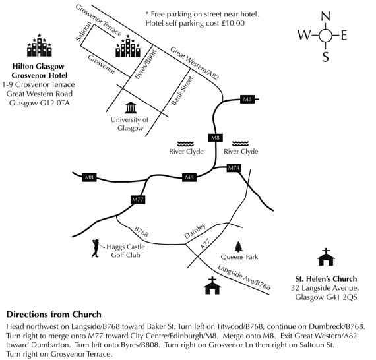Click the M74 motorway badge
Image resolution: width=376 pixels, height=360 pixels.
click(234, 168)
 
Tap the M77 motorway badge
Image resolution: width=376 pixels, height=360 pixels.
click(138, 200)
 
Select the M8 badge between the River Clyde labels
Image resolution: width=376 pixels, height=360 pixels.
click(215, 138)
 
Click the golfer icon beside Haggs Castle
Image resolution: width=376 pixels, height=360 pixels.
click(96, 248)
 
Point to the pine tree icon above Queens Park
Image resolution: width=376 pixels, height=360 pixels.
click(238, 247)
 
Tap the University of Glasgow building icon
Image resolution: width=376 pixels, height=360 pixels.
click(131, 108)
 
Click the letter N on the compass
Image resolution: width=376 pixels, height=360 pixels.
click(325, 16)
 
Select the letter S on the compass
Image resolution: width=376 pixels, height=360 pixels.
click(325, 57)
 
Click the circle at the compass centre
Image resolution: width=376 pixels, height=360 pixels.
click(326, 36)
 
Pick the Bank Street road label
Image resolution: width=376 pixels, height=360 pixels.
click(183, 91)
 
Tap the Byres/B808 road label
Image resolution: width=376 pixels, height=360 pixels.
click(146, 64)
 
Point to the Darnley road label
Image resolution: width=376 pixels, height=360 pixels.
click(195, 231)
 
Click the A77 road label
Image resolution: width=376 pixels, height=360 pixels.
click(206, 244)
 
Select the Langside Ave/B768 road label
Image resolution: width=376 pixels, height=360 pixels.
click(244, 278)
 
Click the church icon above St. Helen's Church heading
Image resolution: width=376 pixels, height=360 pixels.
click(326, 257)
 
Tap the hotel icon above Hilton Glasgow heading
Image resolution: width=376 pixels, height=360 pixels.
click(40, 45)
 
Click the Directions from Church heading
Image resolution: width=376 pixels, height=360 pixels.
click(53, 315)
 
